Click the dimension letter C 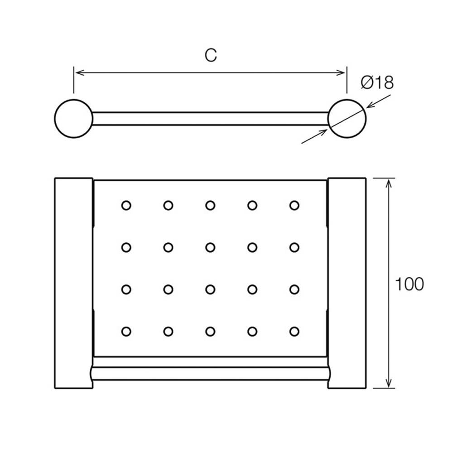tap(211, 55)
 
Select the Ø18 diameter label tap(377, 82)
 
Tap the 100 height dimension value tap(409, 284)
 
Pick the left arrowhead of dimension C tap(79, 72)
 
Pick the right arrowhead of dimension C tap(341, 72)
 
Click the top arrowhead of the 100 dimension tap(389, 183)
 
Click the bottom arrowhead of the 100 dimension tap(389, 383)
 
